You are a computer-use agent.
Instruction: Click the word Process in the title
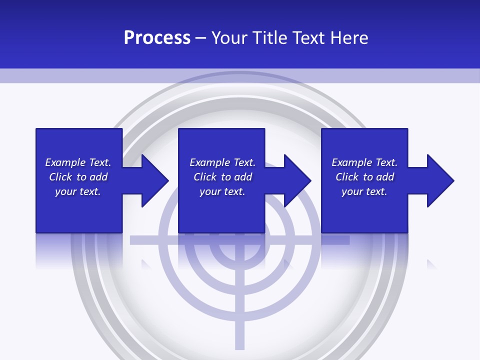click(x=157, y=38)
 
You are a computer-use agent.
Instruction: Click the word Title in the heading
click(x=268, y=38)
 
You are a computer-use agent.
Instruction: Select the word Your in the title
click(x=230, y=38)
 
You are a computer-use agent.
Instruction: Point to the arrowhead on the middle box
click(x=296, y=180)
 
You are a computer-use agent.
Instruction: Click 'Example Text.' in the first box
click(x=78, y=162)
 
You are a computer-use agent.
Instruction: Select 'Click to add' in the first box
click(x=78, y=177)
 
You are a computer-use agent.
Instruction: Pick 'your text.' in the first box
click(x=78, y=191)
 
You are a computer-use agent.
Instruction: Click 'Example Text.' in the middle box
click(x=222, y=162)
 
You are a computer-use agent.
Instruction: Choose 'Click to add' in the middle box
click(x=222, y=177)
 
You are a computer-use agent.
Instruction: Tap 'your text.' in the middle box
click(x=222, y=191)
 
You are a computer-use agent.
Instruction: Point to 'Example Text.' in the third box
click(x=364, y=162)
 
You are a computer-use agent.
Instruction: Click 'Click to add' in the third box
click(x=364, y=177)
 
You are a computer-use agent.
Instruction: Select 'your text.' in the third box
click(x=364, y=191)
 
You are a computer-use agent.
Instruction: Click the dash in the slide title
click(x=200, y=38)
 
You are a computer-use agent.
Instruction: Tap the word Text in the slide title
click(x=306, y=38)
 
